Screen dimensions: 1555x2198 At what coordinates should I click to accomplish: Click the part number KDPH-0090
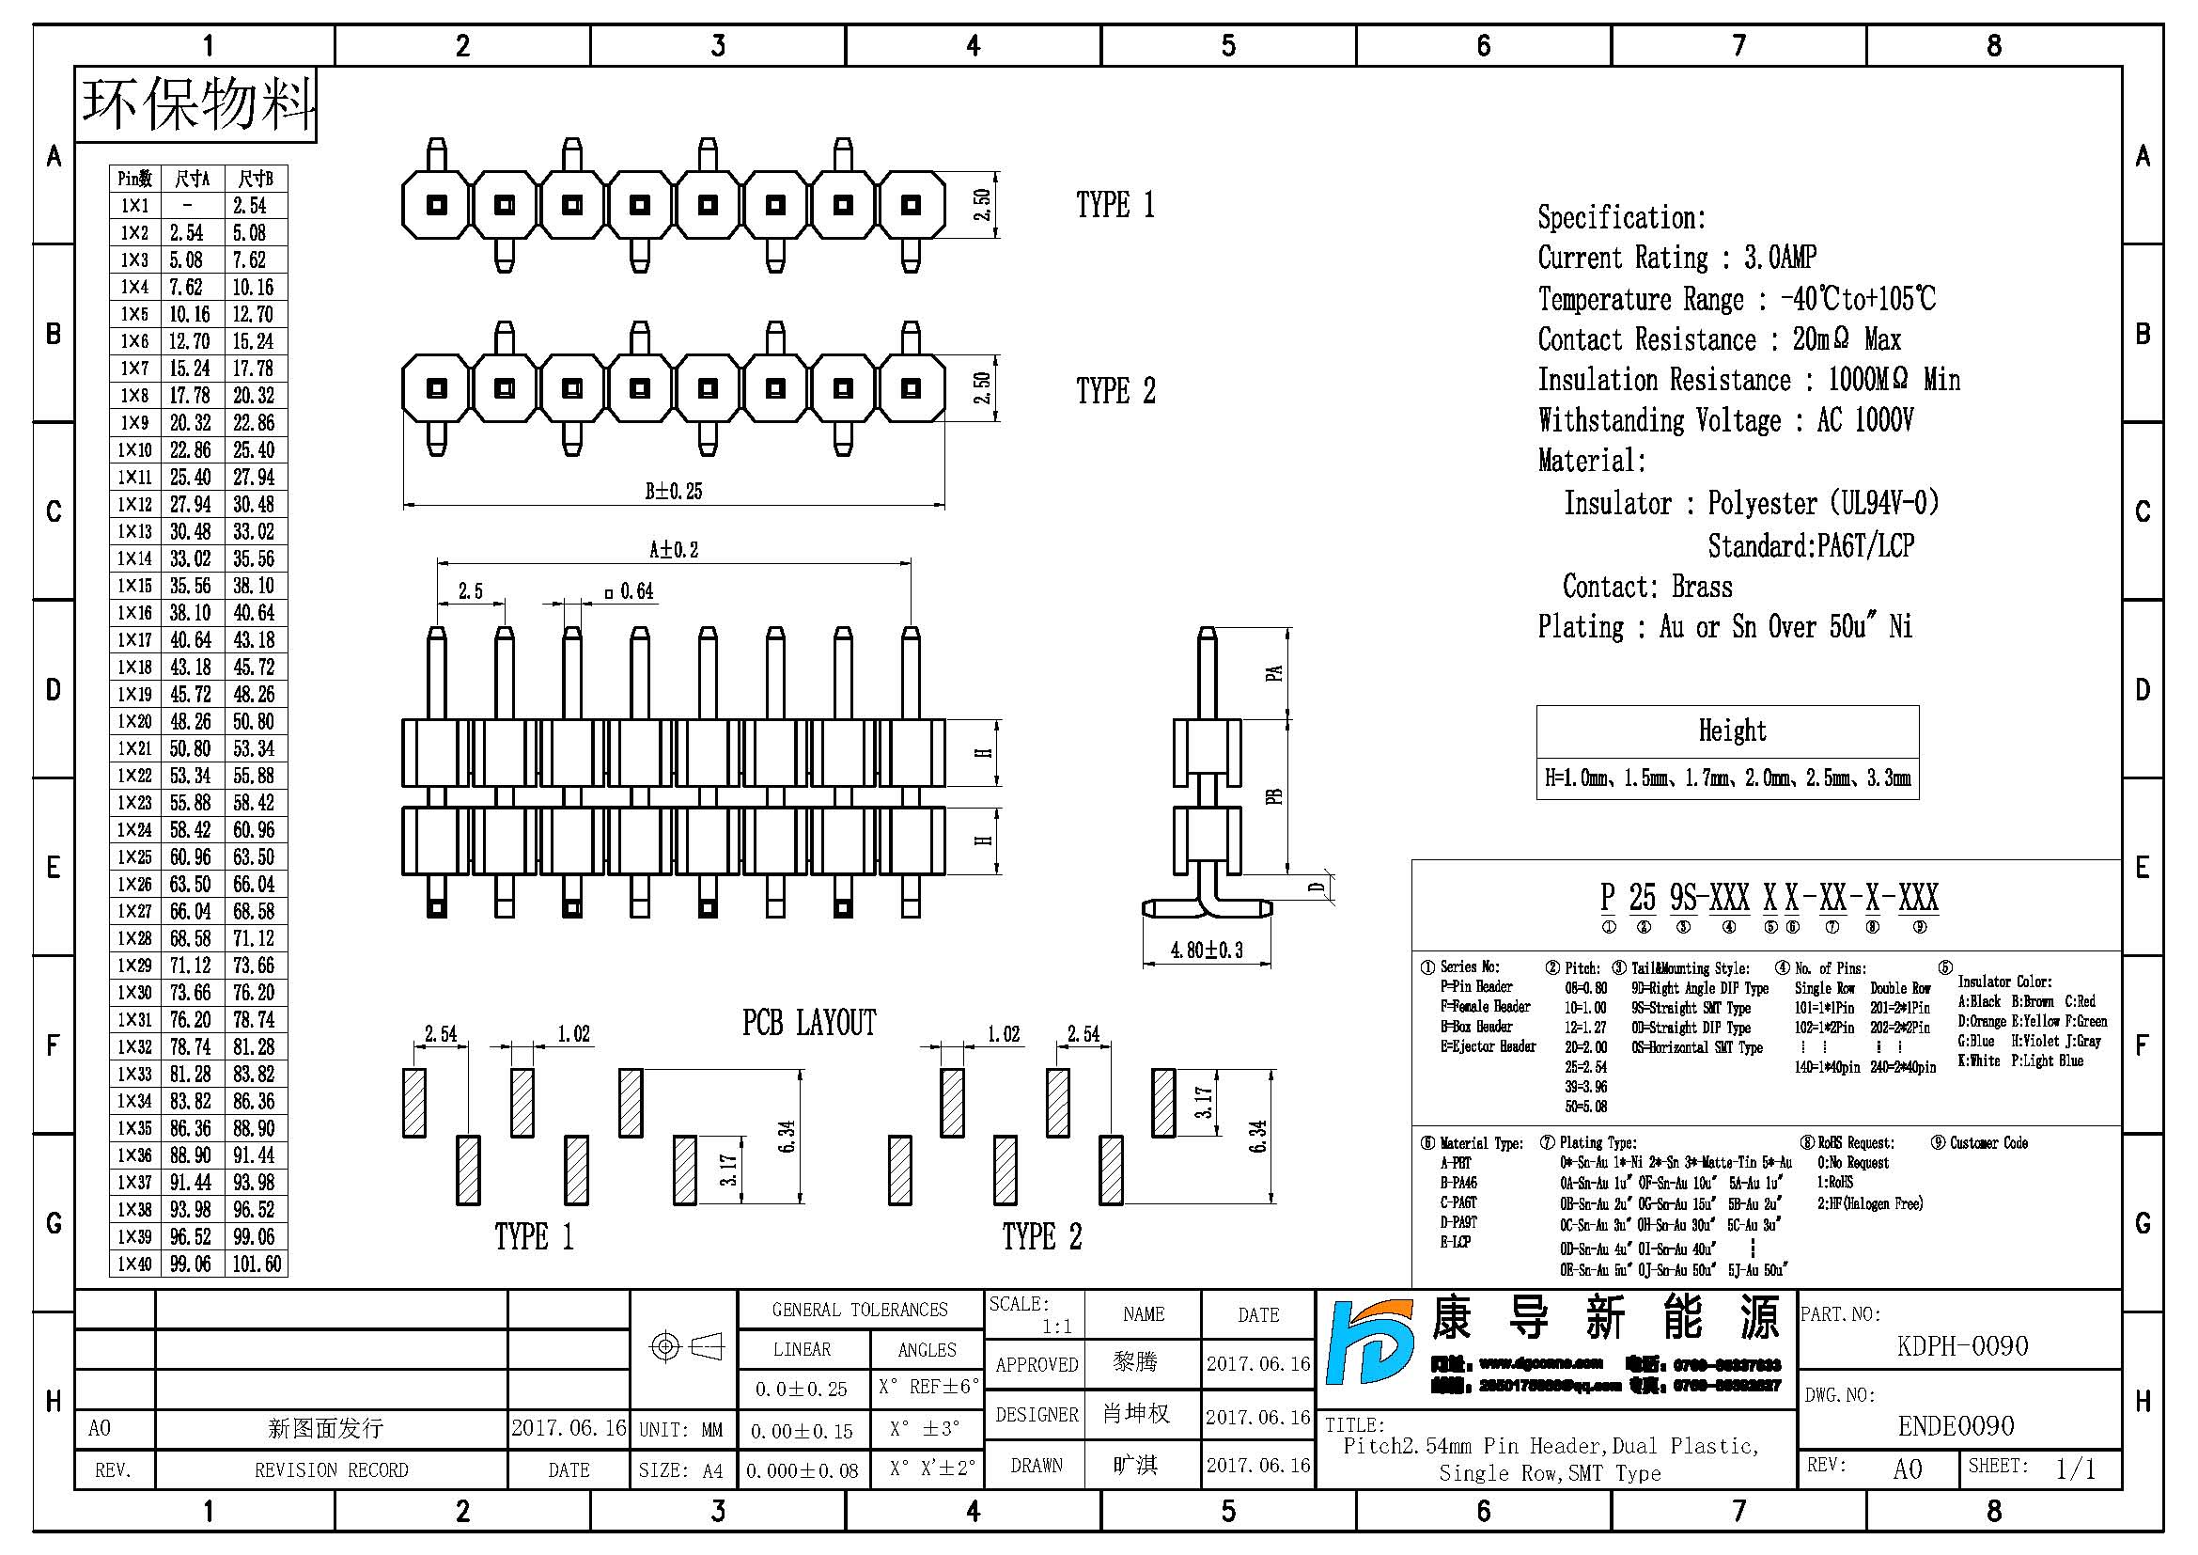pyautogui.click(x=1961, y=1346)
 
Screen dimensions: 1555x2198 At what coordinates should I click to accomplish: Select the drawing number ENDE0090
pyautogui.click(x=1956, y=1426)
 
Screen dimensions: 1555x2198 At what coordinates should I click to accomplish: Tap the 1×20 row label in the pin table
pyautogui.click(x=134, y=721)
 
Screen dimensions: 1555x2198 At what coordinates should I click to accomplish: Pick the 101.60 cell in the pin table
pyautogui.click(x=257, y=1264)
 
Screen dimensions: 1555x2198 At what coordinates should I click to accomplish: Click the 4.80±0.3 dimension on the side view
pyautogui.click(x=1207, y=950)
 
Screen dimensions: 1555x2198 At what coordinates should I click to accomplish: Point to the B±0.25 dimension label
pyautogui.click(x=673, y=491)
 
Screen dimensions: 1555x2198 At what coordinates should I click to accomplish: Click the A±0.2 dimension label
pyautogui.click(x=673, y=550)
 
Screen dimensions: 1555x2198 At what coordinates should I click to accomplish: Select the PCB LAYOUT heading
pyautogui.click(x=809, y=1023)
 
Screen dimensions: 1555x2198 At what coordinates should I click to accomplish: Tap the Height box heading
pyautogui.click(x=1732, y=730)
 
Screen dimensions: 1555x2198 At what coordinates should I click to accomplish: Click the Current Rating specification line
pyautogui.click(x=1676, y=258)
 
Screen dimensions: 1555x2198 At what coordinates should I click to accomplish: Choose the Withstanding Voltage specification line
pyautogui.click(x=1725, y=420)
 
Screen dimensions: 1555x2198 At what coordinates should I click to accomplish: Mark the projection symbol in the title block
pyautogui.click(x=685, y=1347)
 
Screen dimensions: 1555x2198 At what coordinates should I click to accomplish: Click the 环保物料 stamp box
pyautogui.click(x=197, y=104)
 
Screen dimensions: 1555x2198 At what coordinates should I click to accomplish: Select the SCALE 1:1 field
pyautogui.click(x=1034, y=1314)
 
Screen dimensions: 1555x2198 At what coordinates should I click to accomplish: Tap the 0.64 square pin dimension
pyautogui.click(x=630, y=591)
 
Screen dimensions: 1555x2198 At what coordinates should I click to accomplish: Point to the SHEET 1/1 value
pyautogui.click(x=2075, y=1469)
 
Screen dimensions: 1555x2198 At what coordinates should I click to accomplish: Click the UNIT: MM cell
pyautogui.click(x=680, y=1430)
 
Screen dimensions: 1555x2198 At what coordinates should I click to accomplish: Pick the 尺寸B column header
pyautogui.click(x=256, y=178)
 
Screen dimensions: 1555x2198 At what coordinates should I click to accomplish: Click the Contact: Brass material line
pyautogui.click(x=1646, y=586)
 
